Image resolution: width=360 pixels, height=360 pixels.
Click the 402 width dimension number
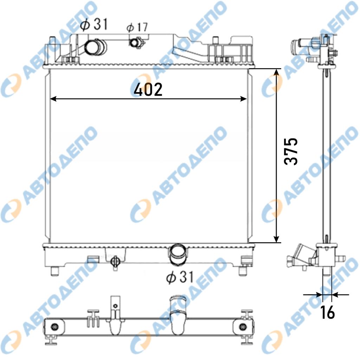click(x=148, y=89)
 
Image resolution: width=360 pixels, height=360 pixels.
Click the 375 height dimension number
click(x=291, y=151)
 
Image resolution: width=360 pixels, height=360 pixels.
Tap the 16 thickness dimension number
click(x=327, y=312)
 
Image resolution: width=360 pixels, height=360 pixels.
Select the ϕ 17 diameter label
click(x=137, y=27)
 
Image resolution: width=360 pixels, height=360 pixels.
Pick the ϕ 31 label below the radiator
click(x=180, y=277)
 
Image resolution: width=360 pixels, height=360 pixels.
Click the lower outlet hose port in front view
click(x=178, y=255)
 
